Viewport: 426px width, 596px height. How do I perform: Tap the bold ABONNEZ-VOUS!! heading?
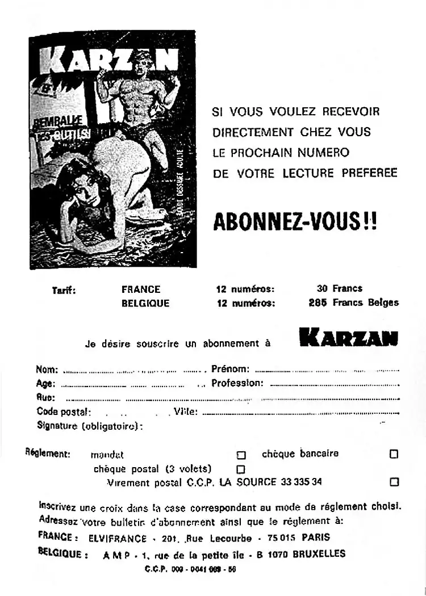tap(294, 221)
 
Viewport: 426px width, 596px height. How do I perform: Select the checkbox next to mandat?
tap(241, 455)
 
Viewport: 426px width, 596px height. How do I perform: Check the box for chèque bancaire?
tap(394, 454)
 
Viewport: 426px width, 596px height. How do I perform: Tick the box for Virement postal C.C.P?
tap(394, 482)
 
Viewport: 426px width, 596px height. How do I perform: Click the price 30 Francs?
tap(339, 288)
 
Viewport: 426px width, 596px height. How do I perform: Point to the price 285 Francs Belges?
tap(353, 303)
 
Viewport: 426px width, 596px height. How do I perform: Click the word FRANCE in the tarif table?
tap(141, 289)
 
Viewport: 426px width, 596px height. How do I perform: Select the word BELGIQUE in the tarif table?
tap(145, 303)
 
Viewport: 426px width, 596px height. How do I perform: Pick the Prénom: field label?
tap(230, 369)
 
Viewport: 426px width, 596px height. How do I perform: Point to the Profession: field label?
tap(237, 383)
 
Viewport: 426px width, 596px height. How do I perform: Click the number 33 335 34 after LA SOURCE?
tap(301, 482)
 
